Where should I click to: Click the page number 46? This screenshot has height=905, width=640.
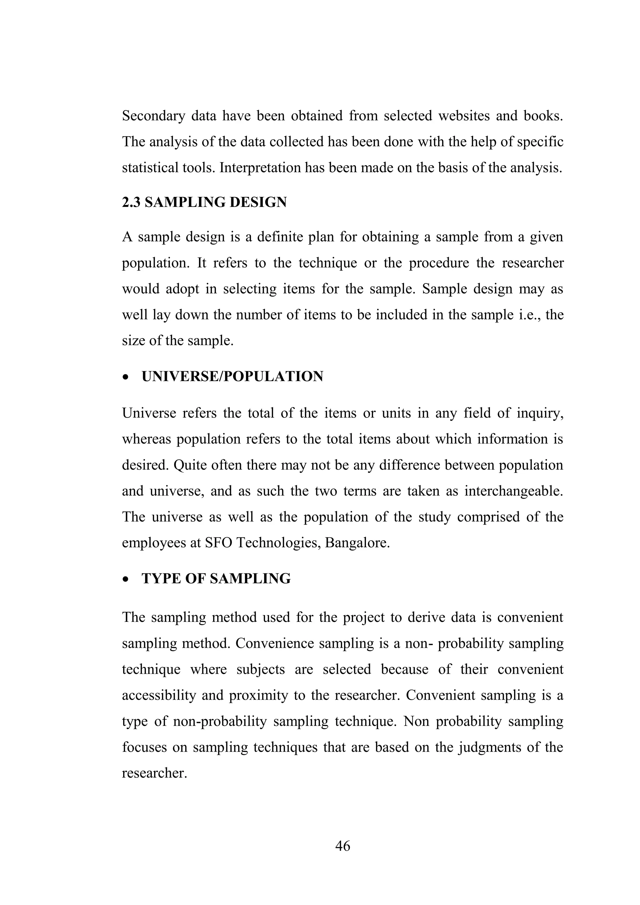tap(342, 846)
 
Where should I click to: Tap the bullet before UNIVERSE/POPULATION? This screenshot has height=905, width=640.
tap(125, 377)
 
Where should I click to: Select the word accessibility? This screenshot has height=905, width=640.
tap(159, 695)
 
